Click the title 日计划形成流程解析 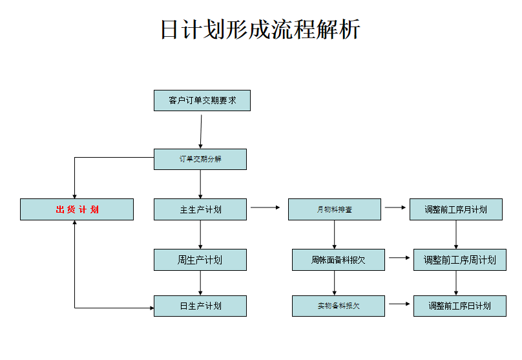(x=260, y=30)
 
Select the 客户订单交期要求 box (x=202, y=101)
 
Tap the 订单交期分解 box (x=200, y=159)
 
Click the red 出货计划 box (x=77, y=209)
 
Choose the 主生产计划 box (x=200, y=209)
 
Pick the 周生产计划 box (x=200, y=260)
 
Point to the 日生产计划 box (x=200, y=306)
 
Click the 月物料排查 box (x=334, y=209)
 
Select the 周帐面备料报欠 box (x=338, y=260)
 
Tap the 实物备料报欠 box (x=338, y=306)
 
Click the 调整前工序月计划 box (x=455, y=209)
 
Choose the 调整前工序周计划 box (x=459, y=260)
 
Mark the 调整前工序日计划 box (x=459, y=306)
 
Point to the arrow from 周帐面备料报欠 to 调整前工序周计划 (x=399, y=258)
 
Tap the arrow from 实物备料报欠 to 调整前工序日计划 (x=399, y=303)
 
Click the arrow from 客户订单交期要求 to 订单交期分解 (x=201, y=132)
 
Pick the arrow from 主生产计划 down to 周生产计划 (x=200, y=234)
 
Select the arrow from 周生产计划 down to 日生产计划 (x=200, y=282)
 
